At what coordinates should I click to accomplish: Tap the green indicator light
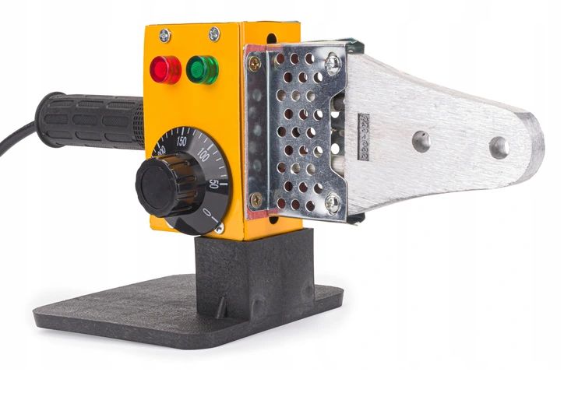click(203, 69)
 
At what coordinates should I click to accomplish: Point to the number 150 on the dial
click(181, 141)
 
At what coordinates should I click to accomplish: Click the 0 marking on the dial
click(207, 212)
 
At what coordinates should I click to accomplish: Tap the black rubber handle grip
click(90, 120)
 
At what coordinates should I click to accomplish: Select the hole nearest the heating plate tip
click(499, 147)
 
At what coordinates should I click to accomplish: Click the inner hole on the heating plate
click(421, 141)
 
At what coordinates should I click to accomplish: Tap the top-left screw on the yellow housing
click(164, 35)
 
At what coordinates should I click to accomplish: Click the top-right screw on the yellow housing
click(213, 33)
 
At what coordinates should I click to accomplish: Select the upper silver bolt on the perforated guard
click(333, 65)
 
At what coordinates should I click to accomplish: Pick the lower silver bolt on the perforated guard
click(333, 202)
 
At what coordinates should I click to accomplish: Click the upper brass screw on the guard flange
click(254, 65)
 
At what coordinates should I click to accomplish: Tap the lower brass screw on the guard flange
click(255, 199)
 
